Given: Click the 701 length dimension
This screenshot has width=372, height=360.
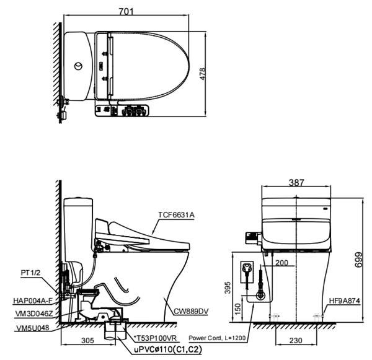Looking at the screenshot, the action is [126, 11].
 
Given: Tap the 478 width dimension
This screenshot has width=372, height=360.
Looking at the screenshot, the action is [202, 74].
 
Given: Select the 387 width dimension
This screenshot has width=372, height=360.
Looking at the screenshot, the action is [296, 182].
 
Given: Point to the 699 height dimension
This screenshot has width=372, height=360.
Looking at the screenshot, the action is [358, 260].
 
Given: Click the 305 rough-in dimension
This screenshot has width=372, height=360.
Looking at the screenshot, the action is [87, 340].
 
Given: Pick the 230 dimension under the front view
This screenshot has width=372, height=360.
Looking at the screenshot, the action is [296, 340].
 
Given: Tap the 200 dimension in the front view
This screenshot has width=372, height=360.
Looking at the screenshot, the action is [281, 263].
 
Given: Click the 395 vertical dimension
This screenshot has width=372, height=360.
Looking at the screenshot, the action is [228, 288].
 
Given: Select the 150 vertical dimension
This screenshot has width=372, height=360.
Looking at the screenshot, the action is [237, 309].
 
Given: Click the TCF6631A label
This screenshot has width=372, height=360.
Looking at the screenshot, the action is [176, 215].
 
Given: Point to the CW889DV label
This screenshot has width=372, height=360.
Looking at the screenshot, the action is [191, 311].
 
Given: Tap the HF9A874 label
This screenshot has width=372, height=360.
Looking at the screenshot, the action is [345, 301].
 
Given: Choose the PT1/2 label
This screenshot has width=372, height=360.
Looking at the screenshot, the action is [30, 273].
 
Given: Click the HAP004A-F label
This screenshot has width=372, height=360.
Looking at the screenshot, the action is [33, 301].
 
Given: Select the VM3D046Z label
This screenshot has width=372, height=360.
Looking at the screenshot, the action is [34, 314].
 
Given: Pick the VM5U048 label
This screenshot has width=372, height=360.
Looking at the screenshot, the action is [33, 328].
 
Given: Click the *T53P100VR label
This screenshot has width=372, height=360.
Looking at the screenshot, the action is [155, 338].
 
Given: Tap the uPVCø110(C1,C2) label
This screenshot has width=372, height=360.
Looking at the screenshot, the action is [168, 349].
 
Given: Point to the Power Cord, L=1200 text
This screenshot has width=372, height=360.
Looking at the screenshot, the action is [217, 338].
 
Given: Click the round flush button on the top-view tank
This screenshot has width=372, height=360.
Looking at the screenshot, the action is [78, 66].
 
